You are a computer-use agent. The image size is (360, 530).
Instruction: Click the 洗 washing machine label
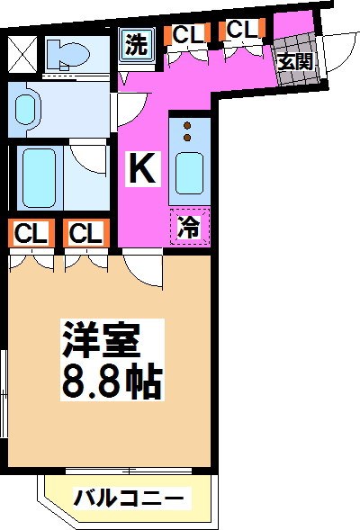pyautogui.click(x=136, y=45)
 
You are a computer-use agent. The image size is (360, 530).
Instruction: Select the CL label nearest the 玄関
pyautogui.click(x=241, y=30)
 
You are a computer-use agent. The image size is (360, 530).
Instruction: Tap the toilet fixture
pyautogui.click(x=68, y=56)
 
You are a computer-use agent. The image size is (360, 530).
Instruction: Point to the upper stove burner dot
pyautogui.click(x=188, y=125)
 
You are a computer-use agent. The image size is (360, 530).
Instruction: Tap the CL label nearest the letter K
pyautogui.click(x=86, y=234)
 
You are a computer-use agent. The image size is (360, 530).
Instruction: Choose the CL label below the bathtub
pyautogui.click(x=30, y=234)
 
